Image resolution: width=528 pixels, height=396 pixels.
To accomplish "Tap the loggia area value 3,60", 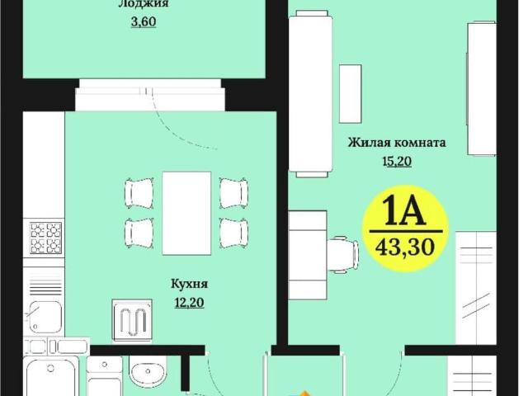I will [x=143, y=21].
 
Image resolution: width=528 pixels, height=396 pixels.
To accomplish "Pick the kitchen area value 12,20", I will [x=189, y=302].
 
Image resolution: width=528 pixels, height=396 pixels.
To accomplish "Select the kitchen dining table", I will [x=186, y=213].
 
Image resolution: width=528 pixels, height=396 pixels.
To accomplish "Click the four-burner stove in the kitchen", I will [x=45, y=238].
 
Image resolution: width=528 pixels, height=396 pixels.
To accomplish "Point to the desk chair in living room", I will [x=341, y=253].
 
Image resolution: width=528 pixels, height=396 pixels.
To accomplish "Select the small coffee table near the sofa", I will [x=350, y=87].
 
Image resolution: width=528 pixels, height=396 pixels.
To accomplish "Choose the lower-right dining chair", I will [x=233, y=232].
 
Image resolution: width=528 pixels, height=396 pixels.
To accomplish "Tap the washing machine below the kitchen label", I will [x=132, y=317].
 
